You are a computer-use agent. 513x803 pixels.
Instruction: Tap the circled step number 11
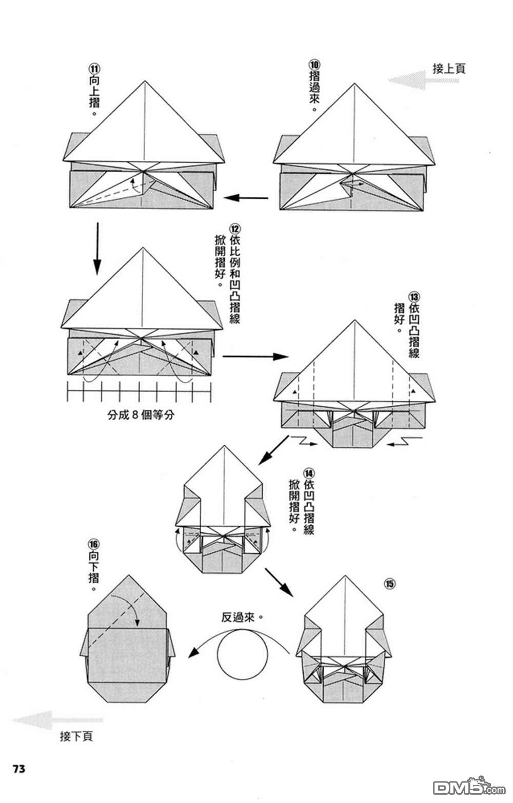pyautogui.click(x=94, y=69)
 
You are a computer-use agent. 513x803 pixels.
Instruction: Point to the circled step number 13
pyautogui.click(x=414, y=297)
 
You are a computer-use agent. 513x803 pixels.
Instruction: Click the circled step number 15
pyautogui.click(x=390, y=584)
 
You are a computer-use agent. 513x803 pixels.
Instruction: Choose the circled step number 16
pyautogui.click(x=94, y=543)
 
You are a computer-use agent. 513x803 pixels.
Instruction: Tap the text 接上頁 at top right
pyautogui.click(x=449, y=69)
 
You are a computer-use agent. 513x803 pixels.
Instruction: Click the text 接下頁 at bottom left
pyautogui.click(x=76, y=737)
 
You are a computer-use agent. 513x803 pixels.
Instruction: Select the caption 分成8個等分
pyautogui.click(x=141, y=415)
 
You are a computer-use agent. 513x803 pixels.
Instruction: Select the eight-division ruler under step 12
pyautogui.click(x=139, y=392)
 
